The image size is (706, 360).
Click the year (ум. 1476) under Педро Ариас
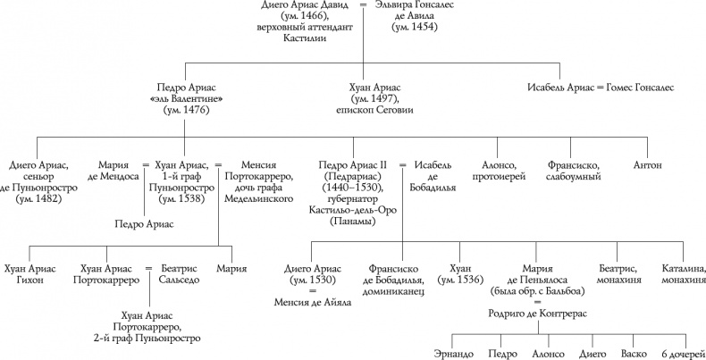pyautogui.click(x=185, y=110)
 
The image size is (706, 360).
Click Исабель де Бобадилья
pyautogui.click(x=435, y=172)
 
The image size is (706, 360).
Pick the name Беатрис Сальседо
pyautogui.click(x=188, y=274)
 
